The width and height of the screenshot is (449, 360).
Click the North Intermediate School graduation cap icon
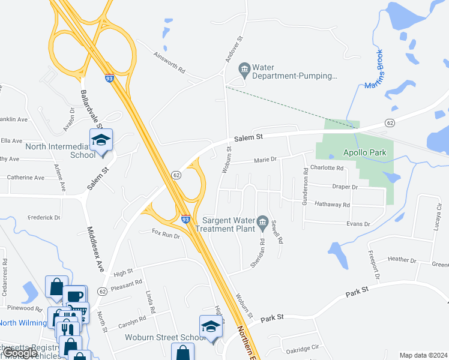pos(101,141)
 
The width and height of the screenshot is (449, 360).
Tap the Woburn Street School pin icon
pos(211,327)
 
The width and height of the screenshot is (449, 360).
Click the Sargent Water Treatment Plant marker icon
pos(262,223)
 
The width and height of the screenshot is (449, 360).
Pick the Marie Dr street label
pos(265,160)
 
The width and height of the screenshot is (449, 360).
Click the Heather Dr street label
pos(402,260)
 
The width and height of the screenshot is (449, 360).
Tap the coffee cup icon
pos(75,296)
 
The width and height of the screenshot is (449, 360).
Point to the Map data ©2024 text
pos(423,355)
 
